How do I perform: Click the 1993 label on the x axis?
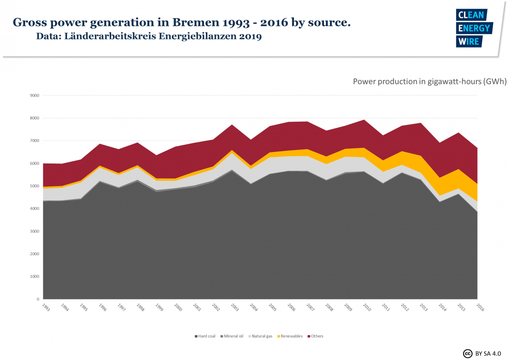point(45,307)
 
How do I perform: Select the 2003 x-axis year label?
point(234,307)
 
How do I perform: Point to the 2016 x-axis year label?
point(479,307)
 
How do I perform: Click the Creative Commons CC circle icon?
point(468,353)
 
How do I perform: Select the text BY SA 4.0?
point(488,353)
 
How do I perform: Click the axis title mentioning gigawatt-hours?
point(429,82)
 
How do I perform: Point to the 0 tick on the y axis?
point(37,299)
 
